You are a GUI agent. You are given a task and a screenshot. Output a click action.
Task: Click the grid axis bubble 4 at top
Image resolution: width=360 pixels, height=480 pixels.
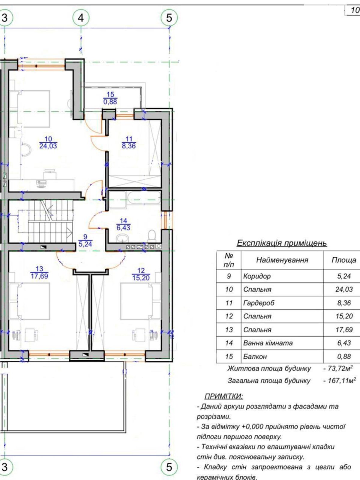[x=81, y=17]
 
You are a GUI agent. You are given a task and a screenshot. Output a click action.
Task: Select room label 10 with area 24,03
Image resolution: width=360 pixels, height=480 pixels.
[x=48, y=142]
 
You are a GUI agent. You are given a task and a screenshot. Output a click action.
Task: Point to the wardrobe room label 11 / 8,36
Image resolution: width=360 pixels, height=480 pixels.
[x=129, y=142]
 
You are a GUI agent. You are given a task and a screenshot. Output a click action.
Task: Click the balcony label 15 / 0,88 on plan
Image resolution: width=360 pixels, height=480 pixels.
[x=110, y=98]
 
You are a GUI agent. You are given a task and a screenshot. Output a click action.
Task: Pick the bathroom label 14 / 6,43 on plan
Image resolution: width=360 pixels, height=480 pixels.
[x=123, y=224]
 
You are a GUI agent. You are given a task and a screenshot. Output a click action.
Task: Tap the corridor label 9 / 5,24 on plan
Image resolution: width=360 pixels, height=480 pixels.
[x=85, y=241]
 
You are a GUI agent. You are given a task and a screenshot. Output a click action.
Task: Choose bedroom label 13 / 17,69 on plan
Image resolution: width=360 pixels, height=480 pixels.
[x=39, y=272]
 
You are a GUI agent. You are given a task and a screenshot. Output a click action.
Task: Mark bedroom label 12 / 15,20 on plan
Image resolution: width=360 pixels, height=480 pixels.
[x=141, y=274]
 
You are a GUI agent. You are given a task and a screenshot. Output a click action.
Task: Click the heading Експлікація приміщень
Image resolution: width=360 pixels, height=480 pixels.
[x=282, y=243]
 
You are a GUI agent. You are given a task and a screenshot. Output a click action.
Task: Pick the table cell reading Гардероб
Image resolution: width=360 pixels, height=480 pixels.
[x=259, y=303]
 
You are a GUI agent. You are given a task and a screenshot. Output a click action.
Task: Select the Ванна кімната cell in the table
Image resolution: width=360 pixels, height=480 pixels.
[x=268, y=343]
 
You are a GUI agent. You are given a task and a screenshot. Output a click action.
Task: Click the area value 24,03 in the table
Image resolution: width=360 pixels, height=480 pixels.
[x=344, y=289]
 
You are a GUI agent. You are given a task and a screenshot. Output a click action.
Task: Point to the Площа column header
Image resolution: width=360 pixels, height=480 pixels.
[x=344, y=260]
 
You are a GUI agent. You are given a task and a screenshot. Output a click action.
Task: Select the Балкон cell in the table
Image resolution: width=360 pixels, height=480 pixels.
[x=255, y=356]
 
